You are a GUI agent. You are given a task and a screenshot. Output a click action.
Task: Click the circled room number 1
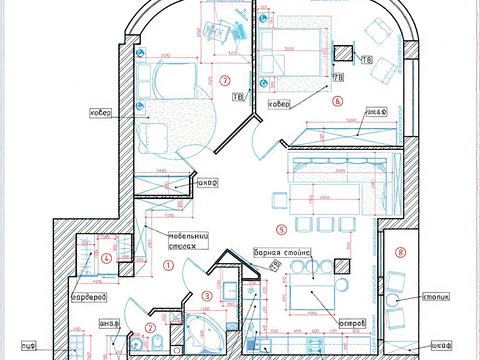pos(169,265)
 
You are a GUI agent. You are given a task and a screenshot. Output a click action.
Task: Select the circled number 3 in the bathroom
pos(205,295)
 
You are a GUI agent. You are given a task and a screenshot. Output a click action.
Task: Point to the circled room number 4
pos(106,258)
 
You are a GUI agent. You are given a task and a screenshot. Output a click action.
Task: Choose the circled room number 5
pos(282,229)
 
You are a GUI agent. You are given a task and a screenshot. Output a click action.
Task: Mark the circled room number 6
pos(338,101)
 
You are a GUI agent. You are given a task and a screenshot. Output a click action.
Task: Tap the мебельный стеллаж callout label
pos(159,239)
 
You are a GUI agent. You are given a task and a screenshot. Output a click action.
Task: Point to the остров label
pos(349,324)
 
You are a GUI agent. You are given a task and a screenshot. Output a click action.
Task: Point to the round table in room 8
pos(397,297)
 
